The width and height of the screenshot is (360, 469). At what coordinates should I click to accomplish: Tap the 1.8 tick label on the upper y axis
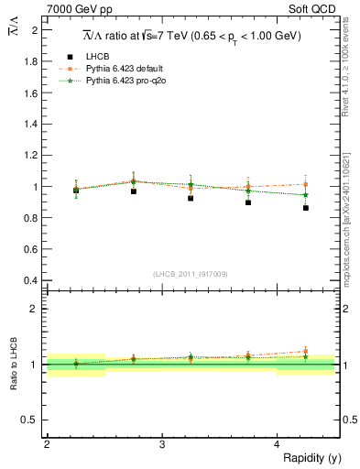click(34, 62)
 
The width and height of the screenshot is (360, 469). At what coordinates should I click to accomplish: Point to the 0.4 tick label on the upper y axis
click(34, 280)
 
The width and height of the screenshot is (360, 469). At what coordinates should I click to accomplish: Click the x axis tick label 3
click(161, 444)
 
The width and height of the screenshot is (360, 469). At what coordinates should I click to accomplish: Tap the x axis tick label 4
click(277, 444)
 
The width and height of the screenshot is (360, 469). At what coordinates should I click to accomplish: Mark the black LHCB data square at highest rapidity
click(306, 208)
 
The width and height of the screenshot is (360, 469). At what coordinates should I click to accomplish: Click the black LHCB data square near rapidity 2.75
click(134, 191)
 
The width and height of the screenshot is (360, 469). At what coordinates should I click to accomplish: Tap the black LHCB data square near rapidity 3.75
click(248, 202)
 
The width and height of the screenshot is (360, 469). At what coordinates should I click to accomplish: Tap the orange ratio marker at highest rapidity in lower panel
click(306, 351)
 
